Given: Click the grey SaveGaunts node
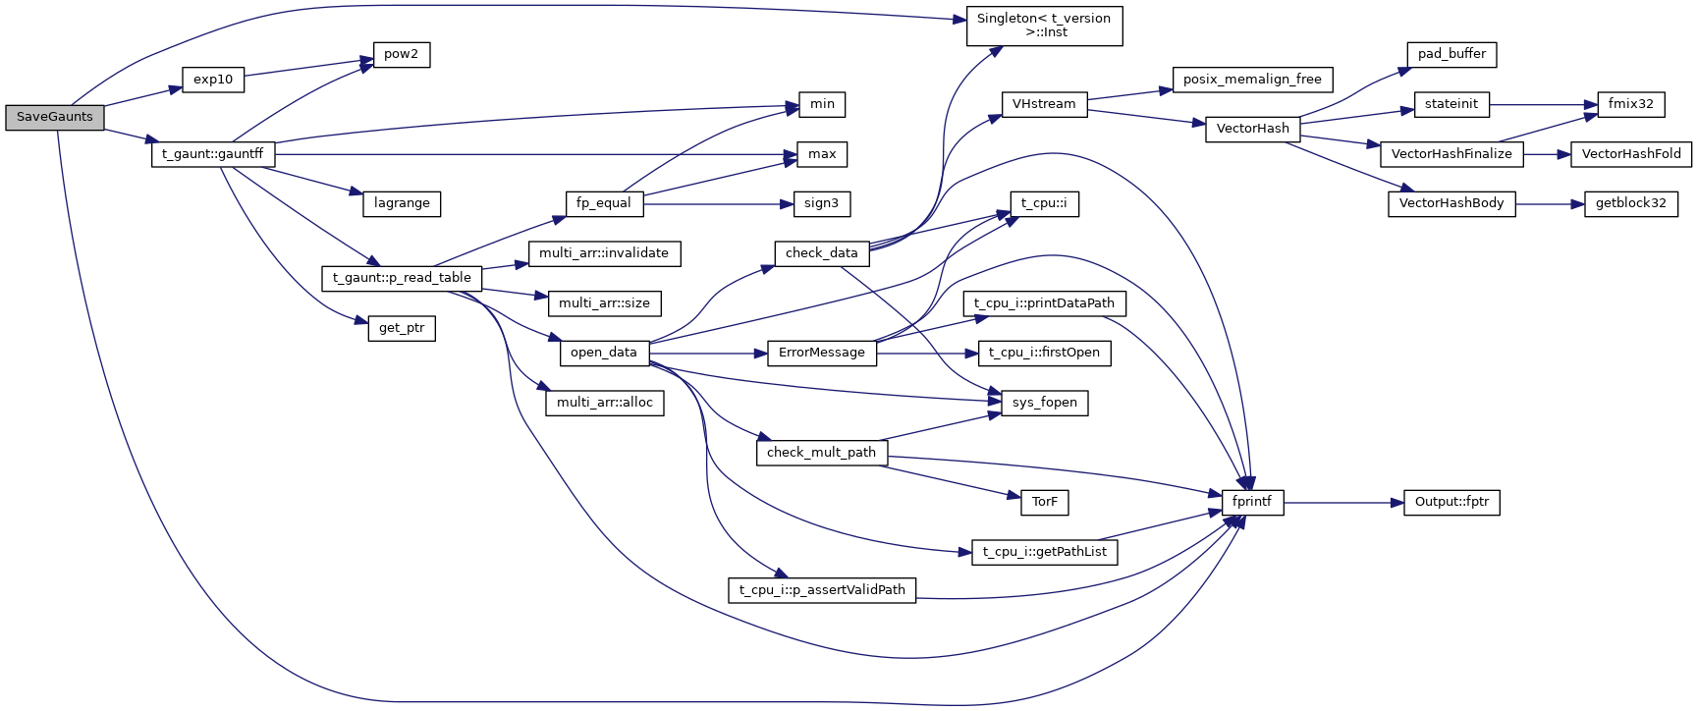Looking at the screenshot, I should click(55, 117).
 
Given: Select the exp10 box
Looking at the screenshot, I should click(213, 80).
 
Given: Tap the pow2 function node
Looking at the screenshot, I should click(401, 54).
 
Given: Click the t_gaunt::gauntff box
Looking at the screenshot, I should click(213, 154).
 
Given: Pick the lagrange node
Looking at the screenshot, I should click(402, 203).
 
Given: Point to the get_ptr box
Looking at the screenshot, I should click(402, 328).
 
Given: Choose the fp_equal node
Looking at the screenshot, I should click(604, 203).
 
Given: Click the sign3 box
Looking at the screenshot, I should click(821, 203).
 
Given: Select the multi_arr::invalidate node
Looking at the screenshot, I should click(604, 253).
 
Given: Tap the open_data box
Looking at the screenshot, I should click(604, 353).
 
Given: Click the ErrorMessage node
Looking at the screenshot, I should click(821, 353).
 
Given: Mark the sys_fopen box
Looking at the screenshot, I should click(1044, 403).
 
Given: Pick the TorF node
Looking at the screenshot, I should click(1044, 503).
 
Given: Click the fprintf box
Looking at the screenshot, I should click(1252, 502).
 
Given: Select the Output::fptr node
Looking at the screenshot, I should click(1451, 502).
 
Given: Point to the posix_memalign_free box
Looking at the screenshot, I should click(1252, 80).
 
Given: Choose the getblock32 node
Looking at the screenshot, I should click(1630, 203).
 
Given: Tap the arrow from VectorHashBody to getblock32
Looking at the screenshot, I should click(1550, 204).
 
